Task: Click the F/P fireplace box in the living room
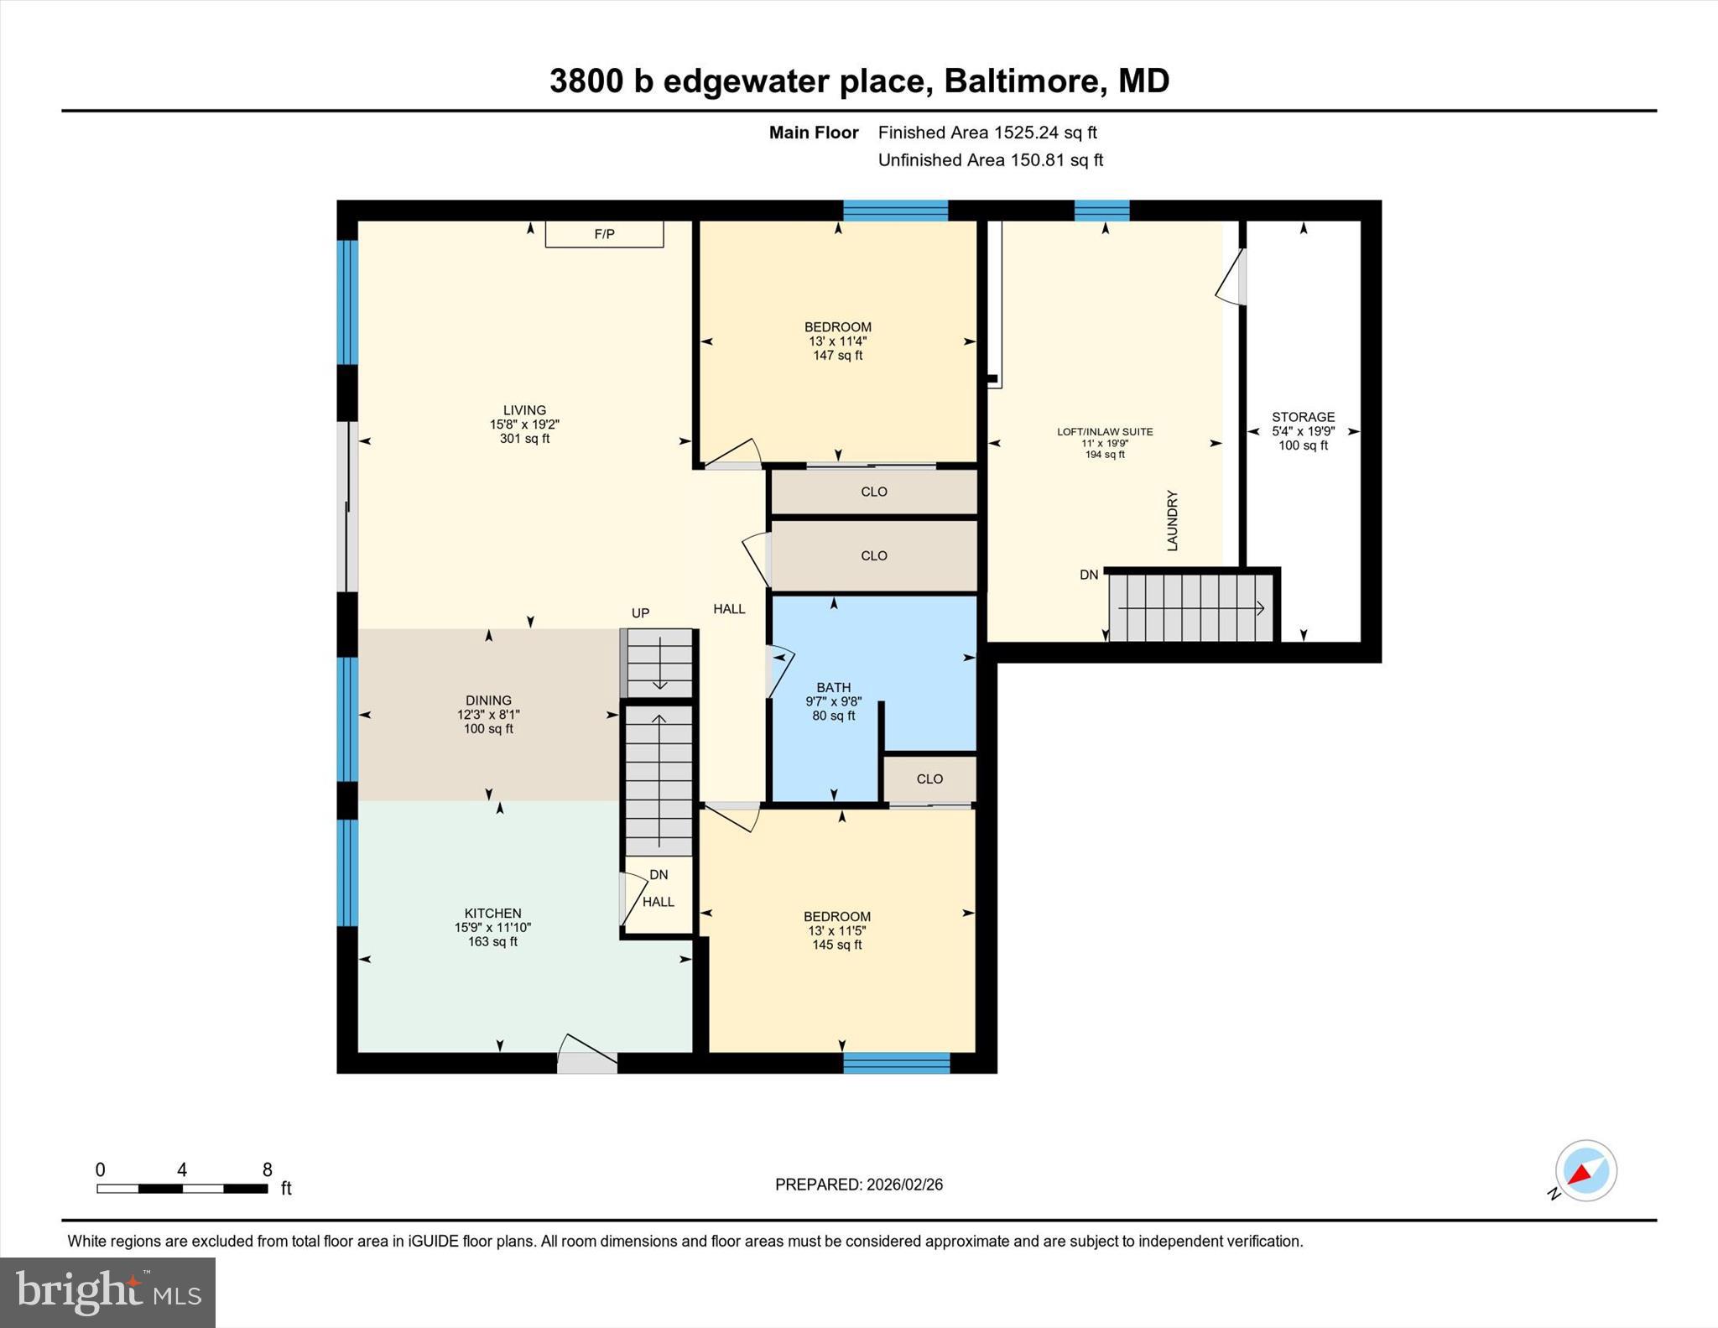pyautogui.click(x=604, y=234)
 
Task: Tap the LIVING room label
pyautogui.click(x=524, y=410)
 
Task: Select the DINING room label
pyautogui.click(x=488, y=700)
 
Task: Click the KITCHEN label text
pyautogui.click(x=492, y=914)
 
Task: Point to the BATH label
pyautogui.click(x=833, y=688)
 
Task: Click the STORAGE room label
pyautogui.click(x=1303, y=417)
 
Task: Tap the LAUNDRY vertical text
pyautogui.click(x=1173, y=521)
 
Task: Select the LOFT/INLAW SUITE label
pyautogui.click(x=1105, y=432)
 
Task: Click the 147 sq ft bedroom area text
pyautogui.click(x=837, y=356)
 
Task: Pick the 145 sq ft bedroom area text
pyautogui.click(x=836, y=945)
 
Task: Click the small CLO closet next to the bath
pyautogui.click(x=929, y=779)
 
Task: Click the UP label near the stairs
pyautogui.click(x=640, y=613)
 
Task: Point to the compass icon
pyautogui.click(x=1585, y=1171)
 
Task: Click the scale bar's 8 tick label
pyautogui.click(x=267, y=1169)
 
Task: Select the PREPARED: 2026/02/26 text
pyautogui.click(x=858, y=1185)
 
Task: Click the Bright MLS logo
pyautogui.click(x=107, y=1292)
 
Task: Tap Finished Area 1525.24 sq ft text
pyautogui.click(x=987, y=133)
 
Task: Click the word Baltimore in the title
pyautogui.click(x=1020, y=81)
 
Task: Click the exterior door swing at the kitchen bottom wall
pyautogui.click(x=586, y=1055)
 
